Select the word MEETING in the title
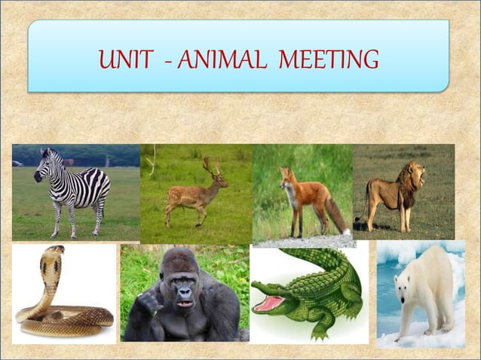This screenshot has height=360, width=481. pyautogui.click(x=328, y=59)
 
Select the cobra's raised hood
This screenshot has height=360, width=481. pyautogui.click(x=52, y=264)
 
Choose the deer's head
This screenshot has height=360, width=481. pyautogui.click(x=219, y=179)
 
